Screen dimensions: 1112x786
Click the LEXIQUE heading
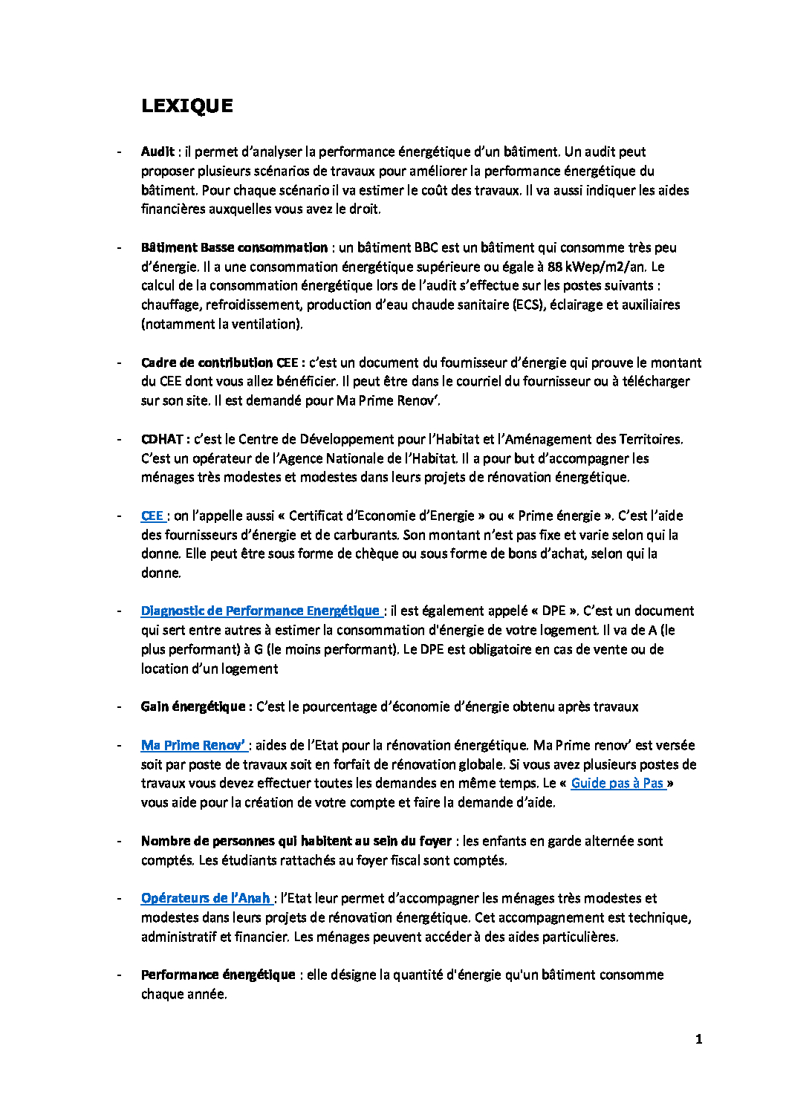pyautogui.click(x=187, y=106)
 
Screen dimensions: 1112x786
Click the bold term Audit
pyautogui.click(x=157, y=152)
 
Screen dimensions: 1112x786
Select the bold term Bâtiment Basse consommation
pyautogui.click(x=234, y=247)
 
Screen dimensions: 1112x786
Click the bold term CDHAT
pyautogui.click(x=165, y=439)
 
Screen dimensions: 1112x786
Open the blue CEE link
pyautogui.click(x=152, y=516)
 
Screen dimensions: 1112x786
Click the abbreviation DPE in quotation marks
pyautogui.click(x=553, y=611)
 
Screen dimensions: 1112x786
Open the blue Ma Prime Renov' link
pyautogui.click(x=192, y=745)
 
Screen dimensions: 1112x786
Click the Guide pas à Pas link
pyautogui.click(x=617, y=783)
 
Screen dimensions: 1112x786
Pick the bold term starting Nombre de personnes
pyautogui.click(x=296, y=841)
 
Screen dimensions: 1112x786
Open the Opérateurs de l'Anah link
pyautogui.click(x=205, y=898)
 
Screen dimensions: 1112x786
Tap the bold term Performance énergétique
pyautogui.click(x=218, y=975)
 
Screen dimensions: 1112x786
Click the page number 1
pyautogui.click(x=698, y=1039)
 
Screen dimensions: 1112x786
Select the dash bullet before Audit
pyautogui.click(x=119, y=152)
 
